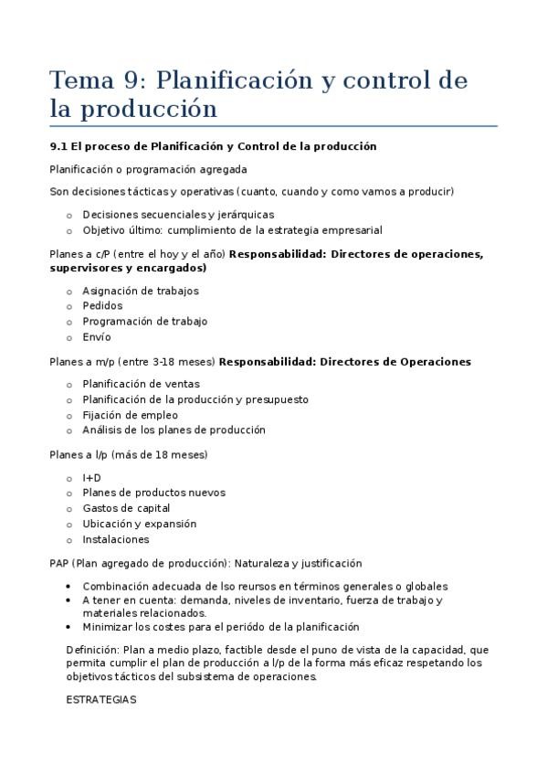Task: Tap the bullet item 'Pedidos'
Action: [102, 306]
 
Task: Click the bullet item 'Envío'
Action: [96, 337]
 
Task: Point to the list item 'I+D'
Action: [91, 477]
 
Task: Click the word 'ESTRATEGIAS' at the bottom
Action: [100, 699]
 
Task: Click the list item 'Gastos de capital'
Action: [126, 508]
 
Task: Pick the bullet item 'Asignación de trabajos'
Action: [140, 291]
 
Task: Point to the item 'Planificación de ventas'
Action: [141, 384]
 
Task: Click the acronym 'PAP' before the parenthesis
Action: [59, 563]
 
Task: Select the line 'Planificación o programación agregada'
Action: [148, 169]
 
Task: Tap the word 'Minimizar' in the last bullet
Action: [107, 627]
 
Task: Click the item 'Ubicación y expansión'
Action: [139, 524]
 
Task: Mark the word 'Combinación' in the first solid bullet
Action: [113, 586]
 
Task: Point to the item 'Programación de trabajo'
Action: [144, 322]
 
